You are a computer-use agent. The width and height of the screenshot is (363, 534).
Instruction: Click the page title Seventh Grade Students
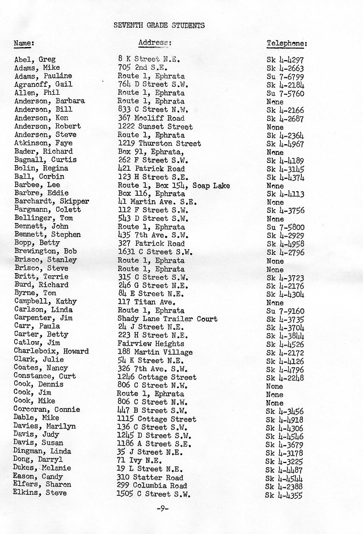click(159, 26)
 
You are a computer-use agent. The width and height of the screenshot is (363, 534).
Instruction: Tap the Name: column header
click(24, 43)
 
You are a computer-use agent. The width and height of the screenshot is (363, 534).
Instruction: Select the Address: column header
click(155, 43)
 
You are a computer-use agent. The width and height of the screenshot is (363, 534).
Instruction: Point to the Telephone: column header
click(287, 43)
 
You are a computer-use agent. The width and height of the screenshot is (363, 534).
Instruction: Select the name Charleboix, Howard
click(51, 351)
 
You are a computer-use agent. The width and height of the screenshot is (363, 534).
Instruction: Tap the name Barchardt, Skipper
click(51, 201)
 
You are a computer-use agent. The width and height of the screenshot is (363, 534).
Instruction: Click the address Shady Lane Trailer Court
click(167, 318)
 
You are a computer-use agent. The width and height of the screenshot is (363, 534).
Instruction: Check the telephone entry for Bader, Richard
click(275, 152)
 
